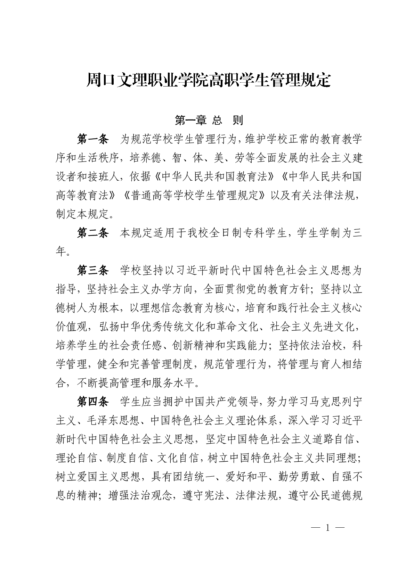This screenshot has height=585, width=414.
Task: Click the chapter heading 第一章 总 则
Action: coord(209,120)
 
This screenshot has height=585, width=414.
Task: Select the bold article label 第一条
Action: coord(92,140)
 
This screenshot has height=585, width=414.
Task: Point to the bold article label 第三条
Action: coord(92,270)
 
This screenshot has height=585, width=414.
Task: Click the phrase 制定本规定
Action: coord(82,215)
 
